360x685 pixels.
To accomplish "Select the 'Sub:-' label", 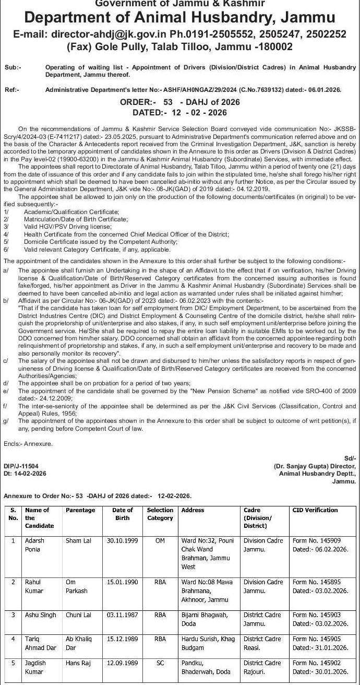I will click(13, 68).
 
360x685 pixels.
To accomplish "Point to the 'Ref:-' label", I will click(12, 90).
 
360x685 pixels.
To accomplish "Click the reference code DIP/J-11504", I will click(21, 466).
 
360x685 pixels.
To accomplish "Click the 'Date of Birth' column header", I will click(123, 514).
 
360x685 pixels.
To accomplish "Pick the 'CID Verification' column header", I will click(315, 510).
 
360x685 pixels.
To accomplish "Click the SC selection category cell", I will click(160, 663).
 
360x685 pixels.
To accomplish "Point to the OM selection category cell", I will click(160, 541).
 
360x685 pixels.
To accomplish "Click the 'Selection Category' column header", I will click(160, 514).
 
